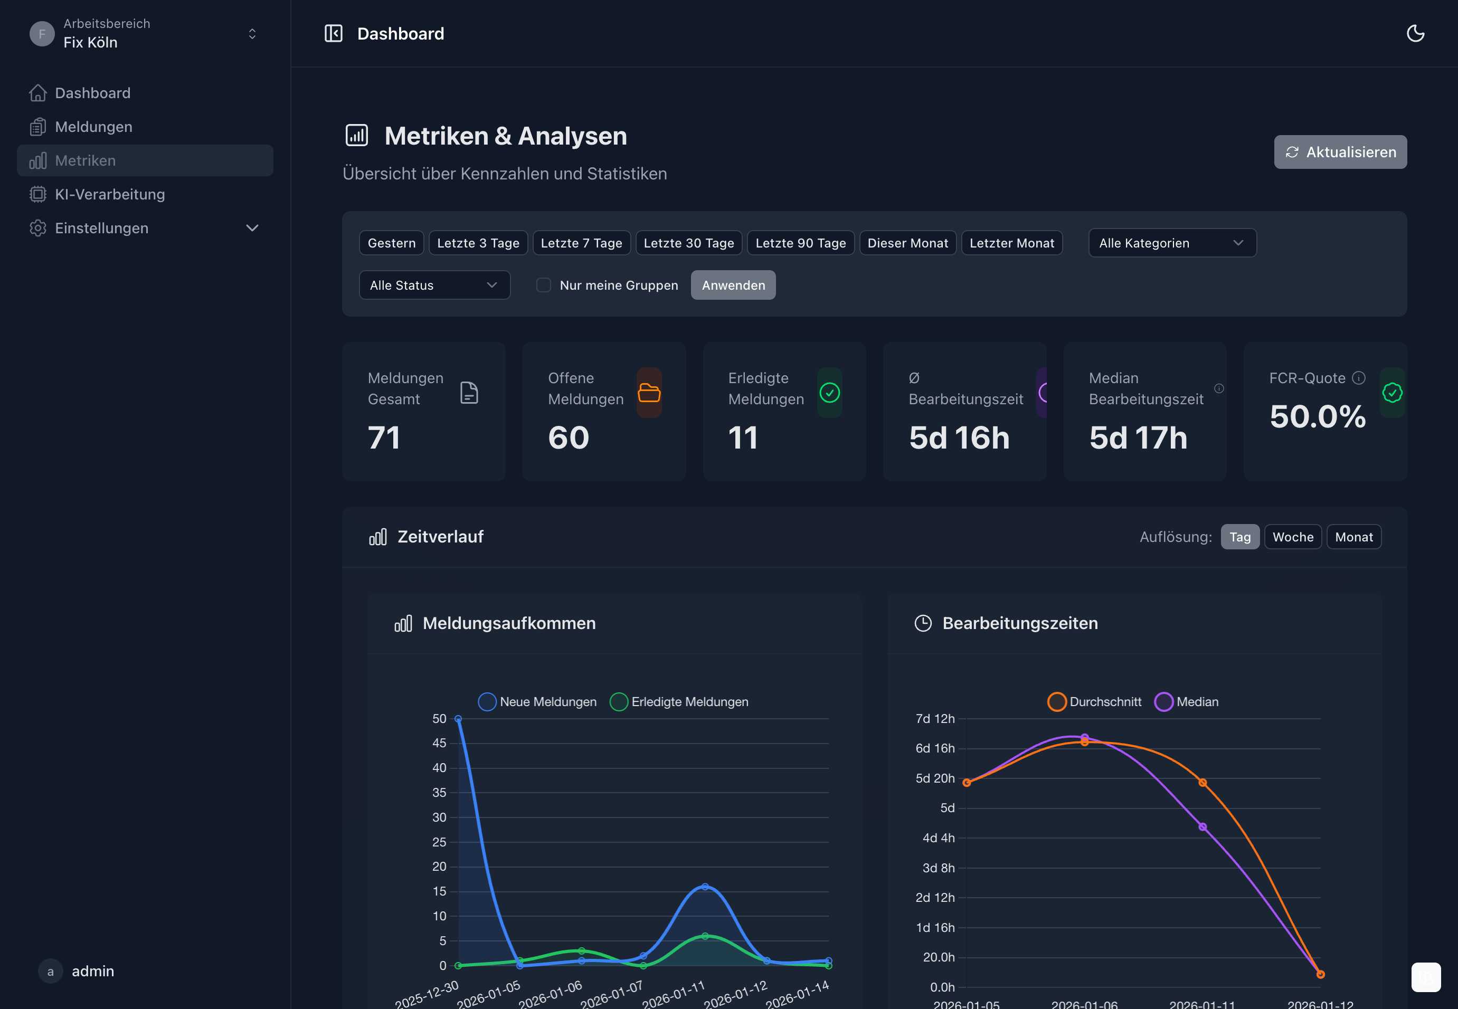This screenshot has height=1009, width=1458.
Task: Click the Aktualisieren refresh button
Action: (x=1340, y=152)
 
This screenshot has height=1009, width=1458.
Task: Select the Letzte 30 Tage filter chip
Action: (x=688, y=243)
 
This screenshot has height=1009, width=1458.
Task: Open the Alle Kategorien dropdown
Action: (x=1171, y=243)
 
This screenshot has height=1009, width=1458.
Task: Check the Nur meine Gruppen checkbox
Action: (x=543, y=285)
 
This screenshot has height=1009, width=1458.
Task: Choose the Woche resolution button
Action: (x=1292, y=537)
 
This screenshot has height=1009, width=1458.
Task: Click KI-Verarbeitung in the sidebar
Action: (x=109, y=194)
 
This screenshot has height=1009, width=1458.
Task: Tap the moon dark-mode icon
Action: (x=1415, y=33)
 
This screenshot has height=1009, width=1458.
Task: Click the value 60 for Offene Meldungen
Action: (x=569, y=437)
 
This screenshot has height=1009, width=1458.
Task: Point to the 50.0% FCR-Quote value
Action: (x=1317, y=416)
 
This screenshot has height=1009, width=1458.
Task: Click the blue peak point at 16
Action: (x=705, y=887)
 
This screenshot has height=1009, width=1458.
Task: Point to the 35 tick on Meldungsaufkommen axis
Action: (x=439, y=792)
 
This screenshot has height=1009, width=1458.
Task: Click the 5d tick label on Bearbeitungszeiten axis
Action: (x=946, y=808)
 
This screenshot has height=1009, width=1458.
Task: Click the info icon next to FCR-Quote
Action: (x=1358, y=378)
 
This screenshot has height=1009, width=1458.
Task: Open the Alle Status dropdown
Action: (x=434, y=285)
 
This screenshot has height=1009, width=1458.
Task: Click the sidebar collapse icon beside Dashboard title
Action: (x=333, y=33)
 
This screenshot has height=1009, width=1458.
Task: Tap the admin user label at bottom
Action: (x=93, y=971)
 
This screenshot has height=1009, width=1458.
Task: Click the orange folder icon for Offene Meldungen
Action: (x=649, y=393)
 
